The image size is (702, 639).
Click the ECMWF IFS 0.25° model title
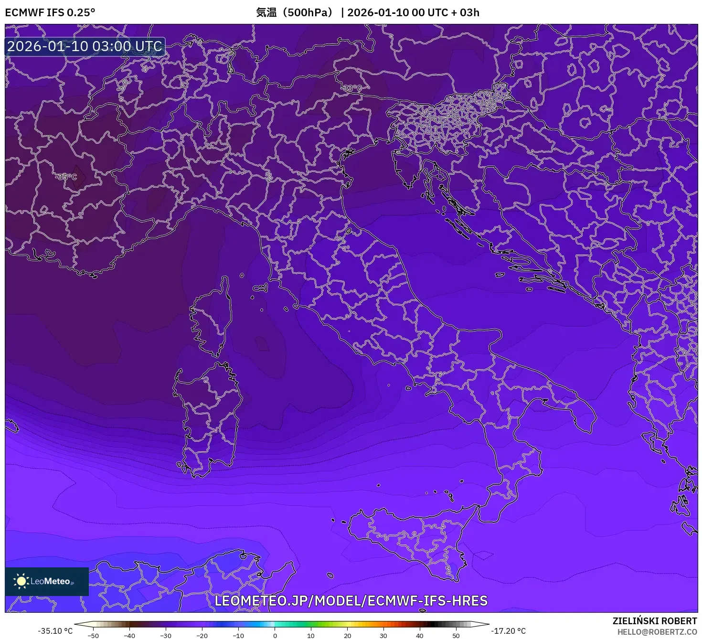point(50,12)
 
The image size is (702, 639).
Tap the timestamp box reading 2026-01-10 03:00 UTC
point(85,46)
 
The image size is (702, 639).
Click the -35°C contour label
point(66,177)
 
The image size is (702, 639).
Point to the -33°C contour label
point(352,88)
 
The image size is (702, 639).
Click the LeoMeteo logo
point(47,581)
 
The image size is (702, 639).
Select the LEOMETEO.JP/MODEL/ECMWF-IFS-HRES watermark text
point(351,601)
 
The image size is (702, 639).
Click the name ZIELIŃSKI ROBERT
point(654,621)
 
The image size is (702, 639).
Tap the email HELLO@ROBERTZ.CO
point(657,632)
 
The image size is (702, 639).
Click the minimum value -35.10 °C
point(55,631)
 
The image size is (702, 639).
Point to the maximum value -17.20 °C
point(508,631)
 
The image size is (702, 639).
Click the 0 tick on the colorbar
point(275,635)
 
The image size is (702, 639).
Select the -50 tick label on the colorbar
point(93,635)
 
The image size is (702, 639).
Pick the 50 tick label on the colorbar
point(456,635)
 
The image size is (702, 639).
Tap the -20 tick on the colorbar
point(202,635)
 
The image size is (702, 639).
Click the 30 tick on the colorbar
point(383,635)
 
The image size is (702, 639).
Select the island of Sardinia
point(208,415)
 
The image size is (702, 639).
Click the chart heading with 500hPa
point(367,12)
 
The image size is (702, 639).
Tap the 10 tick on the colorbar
point(311,635)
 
